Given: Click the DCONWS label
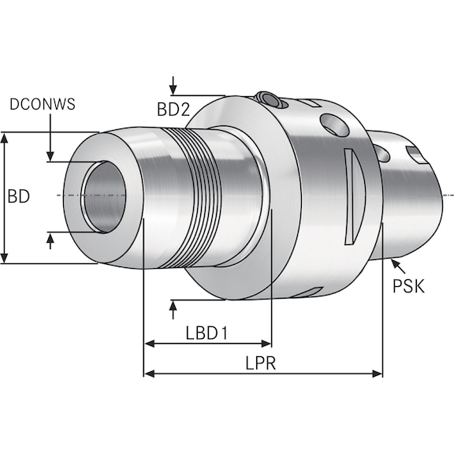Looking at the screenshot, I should tap(44, 104).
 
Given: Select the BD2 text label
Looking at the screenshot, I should tap(173, 110).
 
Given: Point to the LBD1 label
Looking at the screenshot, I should tap(207, 333).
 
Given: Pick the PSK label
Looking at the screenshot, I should tap(408, 285).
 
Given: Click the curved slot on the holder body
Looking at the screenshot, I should tap(352, 197).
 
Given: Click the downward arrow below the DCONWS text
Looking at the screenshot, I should tap(51, 155).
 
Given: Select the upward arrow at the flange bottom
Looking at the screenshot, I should tap(173, 307).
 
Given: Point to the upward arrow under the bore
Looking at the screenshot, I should tap(51, 240).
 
